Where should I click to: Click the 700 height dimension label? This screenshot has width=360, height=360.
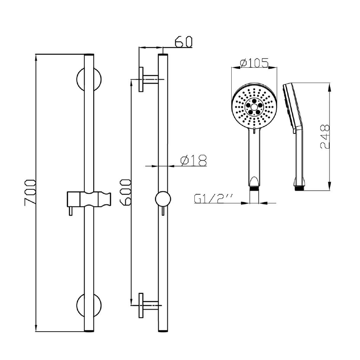29,192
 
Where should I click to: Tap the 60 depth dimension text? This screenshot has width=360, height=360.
183,42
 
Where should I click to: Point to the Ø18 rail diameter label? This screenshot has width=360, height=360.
193,161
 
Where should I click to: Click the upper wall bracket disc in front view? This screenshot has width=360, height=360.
89,79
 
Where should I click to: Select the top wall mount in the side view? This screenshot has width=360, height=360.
146,79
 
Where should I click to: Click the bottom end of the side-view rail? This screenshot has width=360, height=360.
162,329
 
